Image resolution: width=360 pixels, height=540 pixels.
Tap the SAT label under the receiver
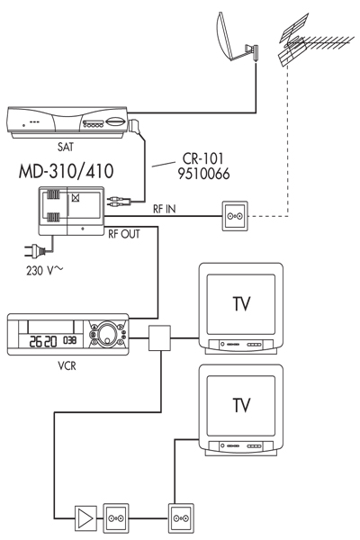point(65,147)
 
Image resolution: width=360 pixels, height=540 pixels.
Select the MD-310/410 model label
point(66,171)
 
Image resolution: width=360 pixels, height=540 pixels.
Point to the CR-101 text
point(202,158)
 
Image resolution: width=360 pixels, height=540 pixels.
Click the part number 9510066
point(203,174)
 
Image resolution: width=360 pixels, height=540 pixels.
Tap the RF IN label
point(164,209)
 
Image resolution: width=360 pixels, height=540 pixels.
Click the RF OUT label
point(124,234)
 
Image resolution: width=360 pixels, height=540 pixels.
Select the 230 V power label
point(44,271)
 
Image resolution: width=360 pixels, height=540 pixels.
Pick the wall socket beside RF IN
point(235,216)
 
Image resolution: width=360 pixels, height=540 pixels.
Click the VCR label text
point(67,365)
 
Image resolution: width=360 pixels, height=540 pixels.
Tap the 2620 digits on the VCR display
point(43,341)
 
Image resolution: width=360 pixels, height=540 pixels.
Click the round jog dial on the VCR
point(107,333)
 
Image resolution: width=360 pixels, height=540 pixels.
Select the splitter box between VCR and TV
point(159,338)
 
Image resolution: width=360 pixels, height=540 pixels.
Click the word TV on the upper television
point(241,304)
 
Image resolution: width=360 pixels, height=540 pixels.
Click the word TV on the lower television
point(241,405)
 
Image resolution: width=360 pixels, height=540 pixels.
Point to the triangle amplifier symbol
point(86,518)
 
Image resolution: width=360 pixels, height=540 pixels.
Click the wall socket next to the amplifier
point(116,518)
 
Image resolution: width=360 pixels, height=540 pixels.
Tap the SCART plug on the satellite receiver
point(135,126)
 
